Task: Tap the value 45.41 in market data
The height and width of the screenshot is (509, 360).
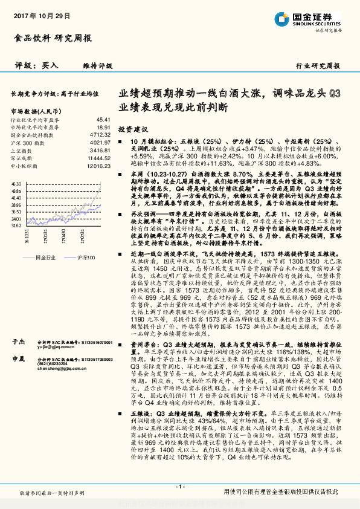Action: click(103, 120)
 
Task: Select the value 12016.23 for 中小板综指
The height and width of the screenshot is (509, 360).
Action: click(98, 164)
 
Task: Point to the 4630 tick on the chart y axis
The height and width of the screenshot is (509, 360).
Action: click(17, 182)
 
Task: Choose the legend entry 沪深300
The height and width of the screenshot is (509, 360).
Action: click(88, 258)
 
